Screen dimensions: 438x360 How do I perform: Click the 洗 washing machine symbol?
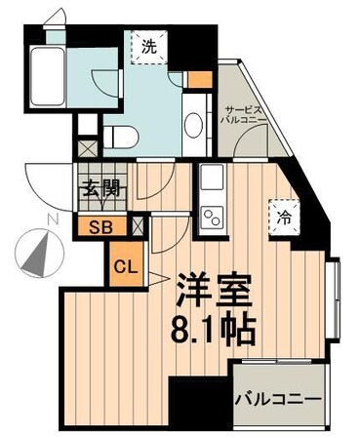(x=149, y=46)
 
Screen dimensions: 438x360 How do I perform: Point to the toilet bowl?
(x=122, y=135)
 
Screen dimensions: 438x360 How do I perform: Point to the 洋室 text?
(x=215, y=288)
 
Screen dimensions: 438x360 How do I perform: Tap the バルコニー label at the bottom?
(x=277, y=399)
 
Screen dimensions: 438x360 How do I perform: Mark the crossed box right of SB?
(x=138, y=226)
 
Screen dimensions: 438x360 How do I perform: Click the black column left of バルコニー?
(x=200, y=405)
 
